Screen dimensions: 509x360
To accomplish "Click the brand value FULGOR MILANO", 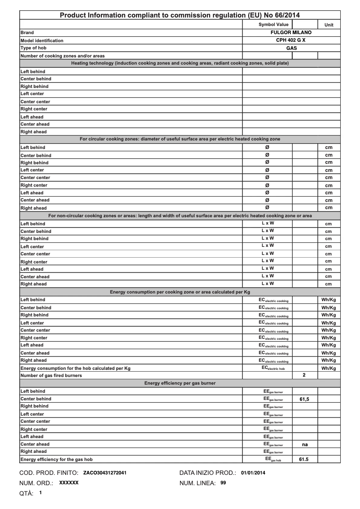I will tap(291, 33).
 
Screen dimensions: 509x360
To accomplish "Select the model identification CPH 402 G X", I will tap(291, 40).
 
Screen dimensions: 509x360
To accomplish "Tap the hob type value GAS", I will tap(291, 48).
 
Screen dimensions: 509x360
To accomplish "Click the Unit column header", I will tap(329, 25).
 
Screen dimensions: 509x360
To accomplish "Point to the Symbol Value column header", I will tap(274, 25).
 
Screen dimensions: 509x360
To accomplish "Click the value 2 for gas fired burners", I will tap(304, 375).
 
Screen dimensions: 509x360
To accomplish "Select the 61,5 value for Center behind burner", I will tap(304, 399).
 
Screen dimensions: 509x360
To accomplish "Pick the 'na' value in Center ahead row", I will tap(304, 444).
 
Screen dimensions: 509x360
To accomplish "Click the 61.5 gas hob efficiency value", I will tap(304, 460).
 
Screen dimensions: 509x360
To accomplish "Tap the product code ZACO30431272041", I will tap(105, 473).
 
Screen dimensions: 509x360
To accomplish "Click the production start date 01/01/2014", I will tap(253, 473).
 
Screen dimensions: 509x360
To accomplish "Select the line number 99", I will tap(223, 483).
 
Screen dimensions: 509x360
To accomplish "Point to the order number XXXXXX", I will tap(69, 483).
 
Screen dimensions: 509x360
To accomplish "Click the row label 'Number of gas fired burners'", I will tap(51, 376).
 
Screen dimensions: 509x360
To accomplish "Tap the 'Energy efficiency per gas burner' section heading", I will tap(180, 383).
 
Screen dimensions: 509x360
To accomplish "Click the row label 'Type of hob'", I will tap(34, 48).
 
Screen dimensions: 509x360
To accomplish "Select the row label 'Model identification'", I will tap(42, 40).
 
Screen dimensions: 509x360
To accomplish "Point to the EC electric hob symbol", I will tap(273, 368).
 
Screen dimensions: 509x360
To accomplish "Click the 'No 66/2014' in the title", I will tap(281, 15).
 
